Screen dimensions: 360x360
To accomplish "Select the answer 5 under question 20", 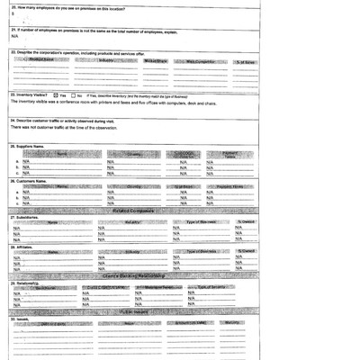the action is tap(13, 15).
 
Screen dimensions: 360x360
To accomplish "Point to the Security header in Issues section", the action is tap(234, 322).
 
